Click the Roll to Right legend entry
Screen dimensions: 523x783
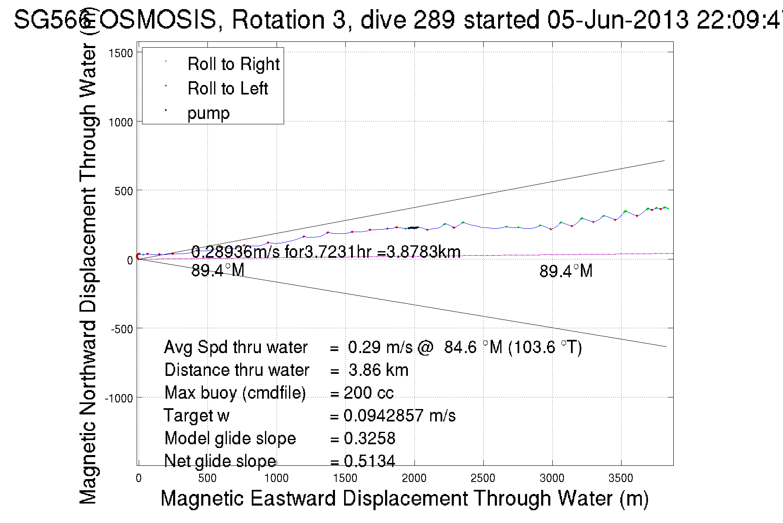(x=233, y=64)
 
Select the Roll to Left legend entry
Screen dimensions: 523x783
(x=227, y=89)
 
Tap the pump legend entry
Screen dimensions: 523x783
(x=208, y=113)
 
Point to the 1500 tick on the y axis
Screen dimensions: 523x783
(x=120, y=53)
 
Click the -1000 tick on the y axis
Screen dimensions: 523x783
(x=119, y=398)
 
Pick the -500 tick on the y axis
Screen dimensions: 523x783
(x=122, y=329)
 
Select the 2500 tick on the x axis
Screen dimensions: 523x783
(x=483, y=478)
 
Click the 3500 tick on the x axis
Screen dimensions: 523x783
(x=621, y=478)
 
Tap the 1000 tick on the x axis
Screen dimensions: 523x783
(x=276, y=478)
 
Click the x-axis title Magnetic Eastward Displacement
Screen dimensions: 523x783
(x=404, y=498)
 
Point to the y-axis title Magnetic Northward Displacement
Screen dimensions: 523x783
(x=88, y=274)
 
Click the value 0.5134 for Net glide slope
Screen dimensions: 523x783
(x=369, y=461)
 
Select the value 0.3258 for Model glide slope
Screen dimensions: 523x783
(x=369, y=438)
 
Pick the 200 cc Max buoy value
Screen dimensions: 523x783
(x=369, y=393)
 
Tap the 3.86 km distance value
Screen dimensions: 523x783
(x=378, y=370)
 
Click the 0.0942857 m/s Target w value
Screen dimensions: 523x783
(x=400, y=416)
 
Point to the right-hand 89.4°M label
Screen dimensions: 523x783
(x=566, y=271)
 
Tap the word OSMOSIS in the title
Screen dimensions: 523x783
(x=158, y=19)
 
